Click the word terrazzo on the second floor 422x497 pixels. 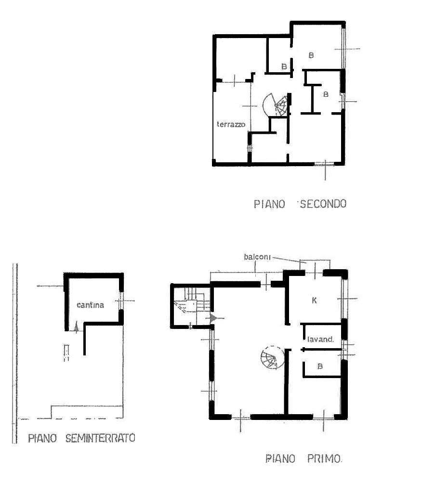point(231,124)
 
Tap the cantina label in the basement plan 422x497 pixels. point(91,305)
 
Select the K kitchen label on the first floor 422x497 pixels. point(314,300)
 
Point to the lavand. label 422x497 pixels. point(320,340)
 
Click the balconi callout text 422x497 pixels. point(257,257)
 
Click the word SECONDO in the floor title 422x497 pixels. point(323,204)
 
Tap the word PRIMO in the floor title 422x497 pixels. point(324,458)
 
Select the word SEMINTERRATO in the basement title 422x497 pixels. point(100,438)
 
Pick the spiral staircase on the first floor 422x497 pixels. point(272,357)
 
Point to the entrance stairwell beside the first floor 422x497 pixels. point(191,305)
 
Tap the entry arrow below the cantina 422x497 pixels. point(76,327)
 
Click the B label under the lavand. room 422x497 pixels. point(320,366)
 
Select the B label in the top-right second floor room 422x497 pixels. point(311,55)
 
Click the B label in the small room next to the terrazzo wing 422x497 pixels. point(284,66)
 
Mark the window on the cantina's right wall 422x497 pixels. point(121,300)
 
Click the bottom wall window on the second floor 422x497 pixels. point(324,164)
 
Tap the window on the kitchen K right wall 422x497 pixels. point(344,299)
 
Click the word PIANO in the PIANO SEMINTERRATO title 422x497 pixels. point(42,438)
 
